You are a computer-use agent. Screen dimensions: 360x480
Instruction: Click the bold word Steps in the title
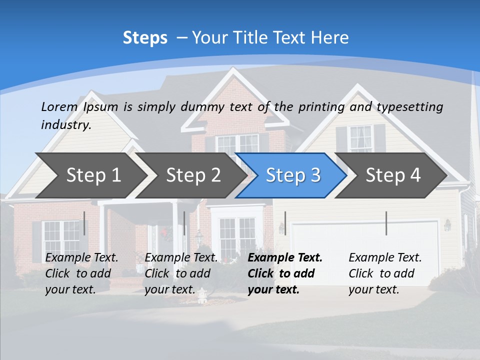pos(145,38)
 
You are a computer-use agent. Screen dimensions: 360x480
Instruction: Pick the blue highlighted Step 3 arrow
pos(293,175)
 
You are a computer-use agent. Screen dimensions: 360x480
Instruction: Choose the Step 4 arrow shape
pos(393,175)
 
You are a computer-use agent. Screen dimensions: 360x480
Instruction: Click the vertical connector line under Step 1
pos(84,223)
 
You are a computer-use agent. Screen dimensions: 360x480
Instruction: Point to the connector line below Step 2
pos(184,223)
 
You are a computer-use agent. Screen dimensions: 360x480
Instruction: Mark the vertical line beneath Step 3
pos(285,223)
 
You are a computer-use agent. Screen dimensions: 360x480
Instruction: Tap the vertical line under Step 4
pos(386,223)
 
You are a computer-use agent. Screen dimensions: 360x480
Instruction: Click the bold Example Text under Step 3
pos(285,273)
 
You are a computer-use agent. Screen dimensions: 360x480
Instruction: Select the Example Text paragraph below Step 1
pos(81,273)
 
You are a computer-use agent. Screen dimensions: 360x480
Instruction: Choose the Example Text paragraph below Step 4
pos(385,273)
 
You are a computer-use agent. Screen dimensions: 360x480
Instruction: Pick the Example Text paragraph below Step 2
pos(181,273)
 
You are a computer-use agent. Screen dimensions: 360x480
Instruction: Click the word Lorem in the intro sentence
pos(59,106)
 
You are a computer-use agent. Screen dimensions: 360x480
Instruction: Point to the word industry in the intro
pos(65,124)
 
